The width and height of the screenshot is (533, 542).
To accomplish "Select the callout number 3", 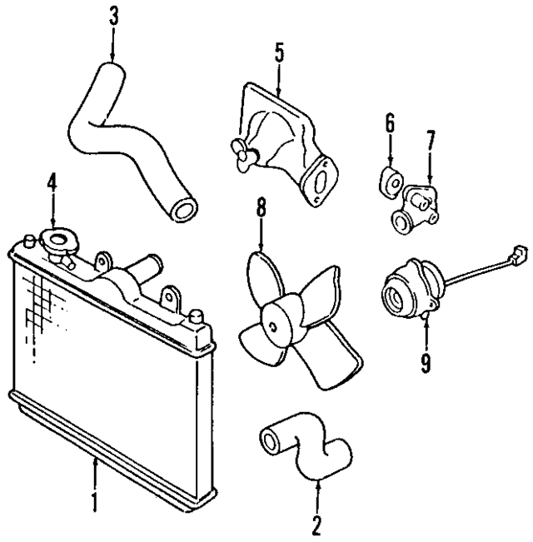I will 114,15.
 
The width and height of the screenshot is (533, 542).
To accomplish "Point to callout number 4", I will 52,181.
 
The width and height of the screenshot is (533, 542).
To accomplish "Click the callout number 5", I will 278,52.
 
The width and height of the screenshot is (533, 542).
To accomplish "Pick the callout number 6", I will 389,125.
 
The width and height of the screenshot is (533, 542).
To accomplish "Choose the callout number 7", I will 429,140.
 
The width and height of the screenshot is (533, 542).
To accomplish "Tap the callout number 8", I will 261,207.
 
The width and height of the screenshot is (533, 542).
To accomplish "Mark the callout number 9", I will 426,362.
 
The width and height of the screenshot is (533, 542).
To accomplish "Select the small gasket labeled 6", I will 391,181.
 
